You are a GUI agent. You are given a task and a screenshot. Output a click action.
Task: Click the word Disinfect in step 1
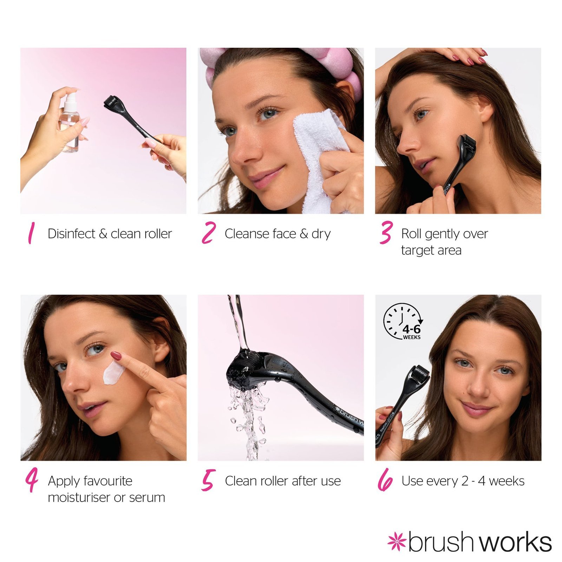coord(71,234)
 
